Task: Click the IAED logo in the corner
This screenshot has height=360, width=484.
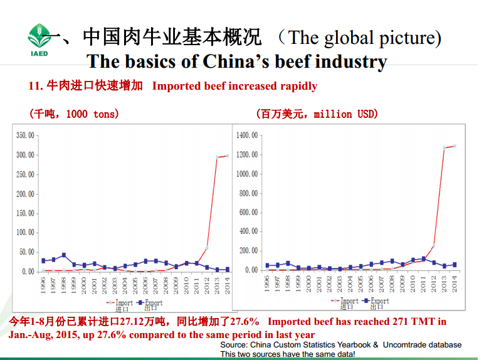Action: pos(39,39)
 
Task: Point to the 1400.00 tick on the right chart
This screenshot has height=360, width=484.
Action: pos(248,135)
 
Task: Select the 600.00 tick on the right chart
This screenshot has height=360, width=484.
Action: pos(249,213)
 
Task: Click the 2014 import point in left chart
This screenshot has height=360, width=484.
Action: pos(226,156)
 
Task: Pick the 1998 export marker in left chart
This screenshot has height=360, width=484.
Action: pos(63,255)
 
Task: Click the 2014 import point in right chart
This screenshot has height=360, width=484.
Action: pos(454,146)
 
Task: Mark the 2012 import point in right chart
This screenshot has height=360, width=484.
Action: pos(433,245)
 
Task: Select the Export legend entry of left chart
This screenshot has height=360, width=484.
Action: pos(150,303)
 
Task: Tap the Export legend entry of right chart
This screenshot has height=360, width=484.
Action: pos(376,301)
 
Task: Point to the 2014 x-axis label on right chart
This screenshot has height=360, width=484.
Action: pos(454,283)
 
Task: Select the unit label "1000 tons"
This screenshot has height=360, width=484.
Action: pos(92,114)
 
